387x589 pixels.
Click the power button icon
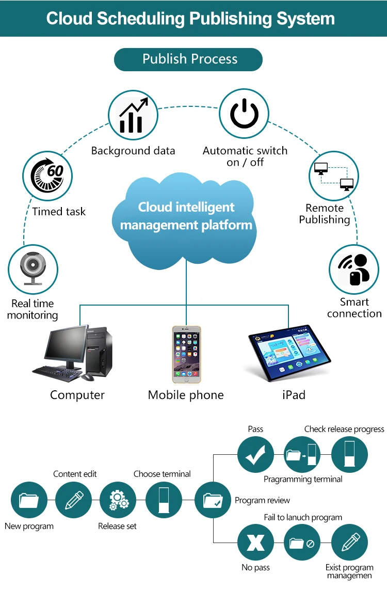pos(244,115)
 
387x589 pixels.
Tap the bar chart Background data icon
pos(133,115)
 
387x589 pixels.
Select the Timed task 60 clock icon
pos(48,176)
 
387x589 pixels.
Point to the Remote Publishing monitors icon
pos(334,176)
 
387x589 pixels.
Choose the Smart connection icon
pos(354,269)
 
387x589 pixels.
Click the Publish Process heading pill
pos(188,59)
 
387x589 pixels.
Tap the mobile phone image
pos(186,354)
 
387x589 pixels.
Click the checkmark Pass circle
pos(255,455)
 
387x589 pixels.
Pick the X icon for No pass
pos(255,543)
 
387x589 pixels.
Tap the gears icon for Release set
pos(118,500)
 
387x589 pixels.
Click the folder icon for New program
pos(29,500)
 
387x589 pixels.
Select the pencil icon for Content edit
pos(73,500)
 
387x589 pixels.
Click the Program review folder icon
pos(213,500)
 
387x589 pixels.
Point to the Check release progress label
pos(344,429)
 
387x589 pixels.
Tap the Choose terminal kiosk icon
pos(164,500)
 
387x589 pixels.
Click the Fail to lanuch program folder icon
pos(302,543)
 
